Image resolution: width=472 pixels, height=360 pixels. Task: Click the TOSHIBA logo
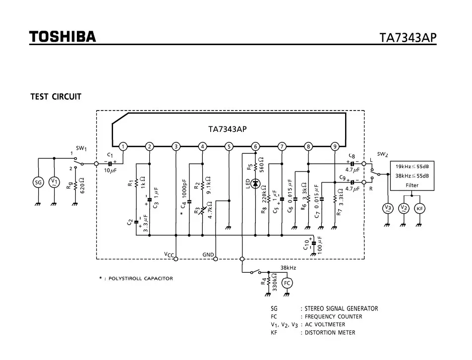pos(62,37)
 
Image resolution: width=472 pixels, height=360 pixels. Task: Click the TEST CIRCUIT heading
pos(56,97)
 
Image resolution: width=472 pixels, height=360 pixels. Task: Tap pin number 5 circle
pos(229,146)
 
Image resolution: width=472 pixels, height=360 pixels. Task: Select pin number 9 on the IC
pos(335,146)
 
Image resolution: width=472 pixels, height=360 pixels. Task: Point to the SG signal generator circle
pos(38,182)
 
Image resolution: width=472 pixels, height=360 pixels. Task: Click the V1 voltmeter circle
pos(54,182)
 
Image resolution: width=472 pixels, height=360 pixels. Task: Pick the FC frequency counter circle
pos(287,283)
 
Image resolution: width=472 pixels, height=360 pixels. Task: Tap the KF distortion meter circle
pos(419,208)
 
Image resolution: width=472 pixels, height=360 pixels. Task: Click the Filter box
pos(412,176)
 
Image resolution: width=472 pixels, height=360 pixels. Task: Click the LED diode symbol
pos(255,183)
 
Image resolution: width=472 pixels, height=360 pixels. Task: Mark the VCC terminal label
pos(170,255)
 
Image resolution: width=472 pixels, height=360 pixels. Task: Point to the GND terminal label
pos(208,255)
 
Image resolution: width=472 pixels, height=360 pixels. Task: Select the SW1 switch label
pos(81,148)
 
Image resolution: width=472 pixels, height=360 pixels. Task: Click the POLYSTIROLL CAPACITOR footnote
pos(136,278)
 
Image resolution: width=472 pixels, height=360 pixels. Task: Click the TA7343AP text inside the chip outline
pos(228,129)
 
